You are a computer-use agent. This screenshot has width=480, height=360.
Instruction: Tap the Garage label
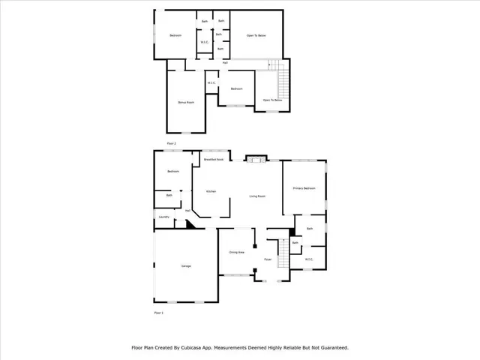[x=186, y=266]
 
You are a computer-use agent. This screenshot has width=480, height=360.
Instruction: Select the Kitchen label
[x=211, y=191]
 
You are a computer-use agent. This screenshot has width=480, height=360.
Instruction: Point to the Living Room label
[x=257, y=196]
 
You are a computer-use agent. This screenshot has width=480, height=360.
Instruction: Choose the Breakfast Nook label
[x=213, y=160]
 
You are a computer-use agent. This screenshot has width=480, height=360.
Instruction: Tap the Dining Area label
[x=238, y=252]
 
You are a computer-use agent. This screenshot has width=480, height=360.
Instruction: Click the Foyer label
[x=268, y=260]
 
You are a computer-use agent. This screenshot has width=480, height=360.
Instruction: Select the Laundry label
[x=163, y=217]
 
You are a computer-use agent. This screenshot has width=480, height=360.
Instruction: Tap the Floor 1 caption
[x=157, y=311]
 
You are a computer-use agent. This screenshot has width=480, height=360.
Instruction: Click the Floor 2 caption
[x=171, y=142]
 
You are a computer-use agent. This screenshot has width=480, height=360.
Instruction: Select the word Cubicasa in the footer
[x=198, y=348]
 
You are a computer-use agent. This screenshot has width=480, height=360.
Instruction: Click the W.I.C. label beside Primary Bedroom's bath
[x=308, y=259]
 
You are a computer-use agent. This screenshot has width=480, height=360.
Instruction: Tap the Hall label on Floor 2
[x=225, y=62]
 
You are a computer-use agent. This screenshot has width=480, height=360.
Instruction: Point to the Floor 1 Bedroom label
[x=172, y=172]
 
